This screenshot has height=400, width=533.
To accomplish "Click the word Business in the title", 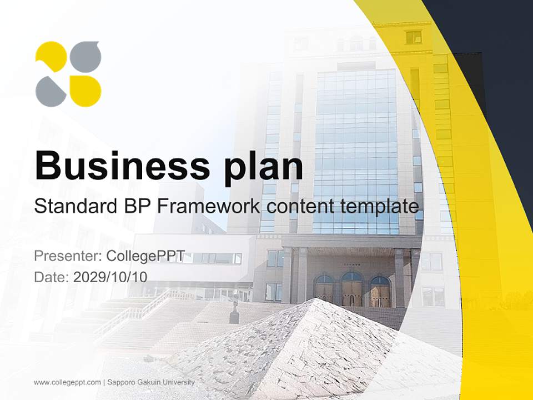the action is [x=122, y=166].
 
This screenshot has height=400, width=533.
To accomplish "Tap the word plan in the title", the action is [x=263, y=169].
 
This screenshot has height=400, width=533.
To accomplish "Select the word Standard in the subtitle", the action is [x=76, y=206].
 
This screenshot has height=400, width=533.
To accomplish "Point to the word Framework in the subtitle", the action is [x=208, y=206].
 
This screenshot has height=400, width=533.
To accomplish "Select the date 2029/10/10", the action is [x=110, y=277].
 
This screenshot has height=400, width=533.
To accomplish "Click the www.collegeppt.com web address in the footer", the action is [x=67, y=383].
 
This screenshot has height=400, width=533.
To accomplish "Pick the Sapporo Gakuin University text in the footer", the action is [x=151, y=382].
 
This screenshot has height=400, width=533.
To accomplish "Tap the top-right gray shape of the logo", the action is [x=86, y=57].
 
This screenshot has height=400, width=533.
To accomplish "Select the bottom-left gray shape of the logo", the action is [x=51, y=91].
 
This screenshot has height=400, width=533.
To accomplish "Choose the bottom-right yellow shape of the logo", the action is [x=86, y=91].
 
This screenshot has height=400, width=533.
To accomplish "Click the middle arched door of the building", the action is [x=352, y=288].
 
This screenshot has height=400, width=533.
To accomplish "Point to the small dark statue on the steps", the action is [x=234, y=312].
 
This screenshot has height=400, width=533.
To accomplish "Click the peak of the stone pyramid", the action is [x=316, y=299].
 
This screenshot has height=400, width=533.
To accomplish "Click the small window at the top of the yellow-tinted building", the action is [x=414, y=37].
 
